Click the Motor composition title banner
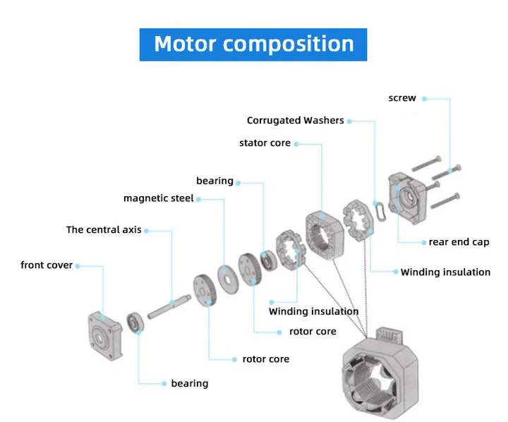(x=253, y=44)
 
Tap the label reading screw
(x=402, y=98)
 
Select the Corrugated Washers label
(x=295, y=120)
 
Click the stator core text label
(x=265, y=143)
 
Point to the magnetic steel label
(x=159, y=198)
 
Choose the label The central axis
(x=104, y=229)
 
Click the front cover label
(x=47, y=265)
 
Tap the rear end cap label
(x=459, y=242)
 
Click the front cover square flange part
(x=105, y=336)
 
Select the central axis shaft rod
(x=169, y=306)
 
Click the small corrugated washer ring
(x=380, y=211)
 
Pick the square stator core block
(x=324, y=235)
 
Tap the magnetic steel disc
(x=228, y=279)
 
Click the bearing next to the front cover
(x=135, y=322)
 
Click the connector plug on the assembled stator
(x=389, y=335)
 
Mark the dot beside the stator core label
(x=296, y=144)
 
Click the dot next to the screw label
(x=425, y=99)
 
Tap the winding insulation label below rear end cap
(x=445, y=272)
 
